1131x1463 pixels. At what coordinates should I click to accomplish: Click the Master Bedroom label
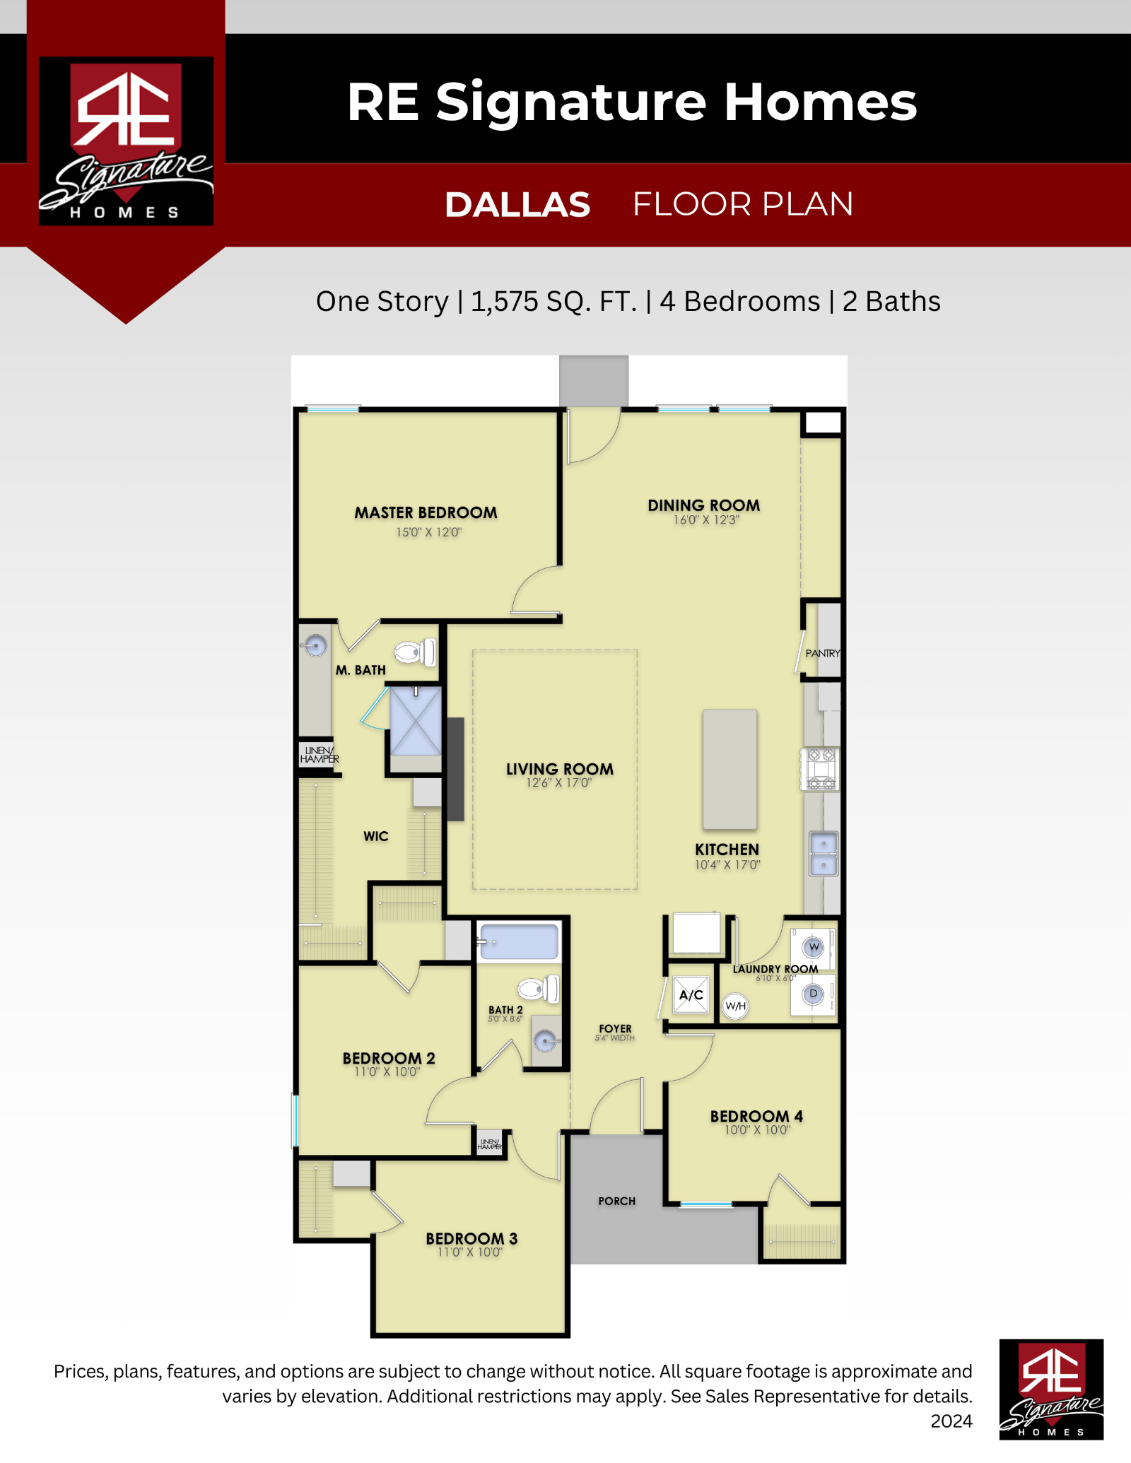click(x=426, y=512)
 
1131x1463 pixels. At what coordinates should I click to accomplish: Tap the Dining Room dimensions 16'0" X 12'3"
click(x=706, y=520)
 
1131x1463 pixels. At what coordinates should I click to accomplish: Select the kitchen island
click(x=729, y=769)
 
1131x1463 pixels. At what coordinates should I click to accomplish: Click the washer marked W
click(x=814, y=947)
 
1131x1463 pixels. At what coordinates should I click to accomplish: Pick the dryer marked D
click(x=814, y=994)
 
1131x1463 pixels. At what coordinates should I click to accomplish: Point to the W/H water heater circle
click(x=735, y=1006)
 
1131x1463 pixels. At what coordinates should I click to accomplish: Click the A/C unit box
click(x=691, y=995)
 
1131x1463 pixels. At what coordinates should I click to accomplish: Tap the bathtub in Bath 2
click(x=520, y=942)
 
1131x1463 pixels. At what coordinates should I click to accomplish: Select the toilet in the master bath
click(x=415, y=652)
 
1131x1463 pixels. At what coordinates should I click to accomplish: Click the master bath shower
click(x=416, y=721)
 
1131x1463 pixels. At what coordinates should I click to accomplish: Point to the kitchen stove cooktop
click(x=820, y=768)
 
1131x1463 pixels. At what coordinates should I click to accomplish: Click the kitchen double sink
click(x=824, y=854)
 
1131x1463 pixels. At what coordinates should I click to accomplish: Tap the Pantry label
click(x=823, y=653)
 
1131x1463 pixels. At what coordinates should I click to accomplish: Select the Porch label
click(x=616, y=1201)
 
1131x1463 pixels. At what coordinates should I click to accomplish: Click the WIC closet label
click(x=376, y=836)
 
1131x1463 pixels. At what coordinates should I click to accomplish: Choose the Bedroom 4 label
click(x=756, y=1116)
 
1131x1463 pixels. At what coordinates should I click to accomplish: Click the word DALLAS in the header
click(x=517, y=204)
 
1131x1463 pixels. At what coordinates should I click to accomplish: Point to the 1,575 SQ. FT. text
click(x=553, y=302)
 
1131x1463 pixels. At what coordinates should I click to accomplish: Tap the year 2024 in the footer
click(x=951, y=1421)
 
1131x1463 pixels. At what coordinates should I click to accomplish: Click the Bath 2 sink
click(x=544, y=1040)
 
